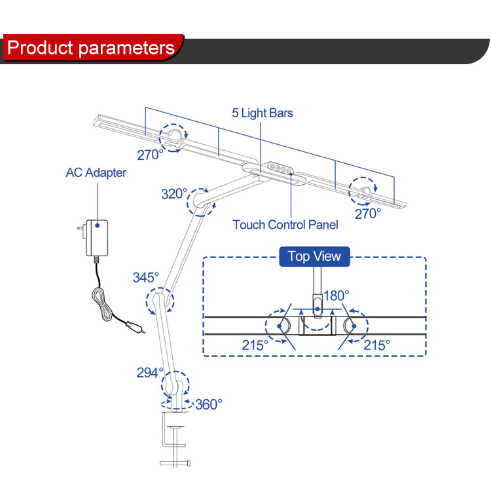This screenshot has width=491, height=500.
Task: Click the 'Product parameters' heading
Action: (92, 48)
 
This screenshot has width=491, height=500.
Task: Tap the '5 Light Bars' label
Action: (263, 113)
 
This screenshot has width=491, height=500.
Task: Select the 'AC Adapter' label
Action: (96, 173)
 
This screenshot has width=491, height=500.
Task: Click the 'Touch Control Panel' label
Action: (285, 225)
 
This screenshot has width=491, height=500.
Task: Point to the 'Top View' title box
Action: (314, 256)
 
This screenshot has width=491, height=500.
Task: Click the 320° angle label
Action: (174, 194)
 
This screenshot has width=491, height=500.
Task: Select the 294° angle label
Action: (150, 372)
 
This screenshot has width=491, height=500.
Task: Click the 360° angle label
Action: (209, 404)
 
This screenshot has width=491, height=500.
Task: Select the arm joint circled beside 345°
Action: (160, 303)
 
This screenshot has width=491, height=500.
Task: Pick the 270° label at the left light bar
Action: (150, 155)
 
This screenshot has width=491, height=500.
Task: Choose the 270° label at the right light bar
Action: (368, 213)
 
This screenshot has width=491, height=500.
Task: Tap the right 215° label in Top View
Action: (376, 344)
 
